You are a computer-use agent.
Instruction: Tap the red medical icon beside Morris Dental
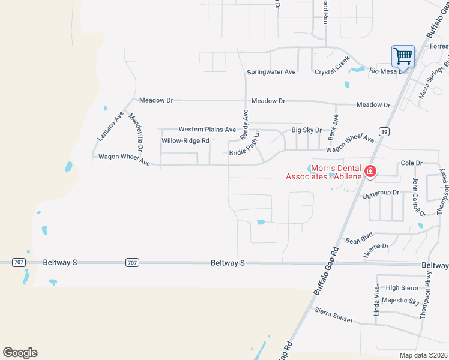click(x=370, y=172)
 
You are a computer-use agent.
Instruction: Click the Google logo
click(x=20, y=353)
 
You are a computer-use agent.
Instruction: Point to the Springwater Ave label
click(x=271, y=72)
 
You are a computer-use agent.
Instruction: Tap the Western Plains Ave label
click(x=207, y=130)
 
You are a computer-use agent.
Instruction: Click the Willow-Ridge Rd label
click(x=185, y=141)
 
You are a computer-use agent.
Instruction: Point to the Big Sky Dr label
click(x=306, y=130)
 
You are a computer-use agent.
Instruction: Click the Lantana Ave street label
click(x=110, y=126)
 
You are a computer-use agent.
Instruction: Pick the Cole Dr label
click(x=412, y=163)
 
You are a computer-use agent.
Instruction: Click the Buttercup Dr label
click(x=381, y=194)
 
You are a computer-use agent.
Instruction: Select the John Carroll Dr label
click(x=418, y=197)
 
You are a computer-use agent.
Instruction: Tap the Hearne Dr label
click(x=376, y=247)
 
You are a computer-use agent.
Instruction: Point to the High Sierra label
click(x=402, y=288)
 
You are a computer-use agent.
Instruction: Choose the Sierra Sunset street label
click(x=334, y=316)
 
